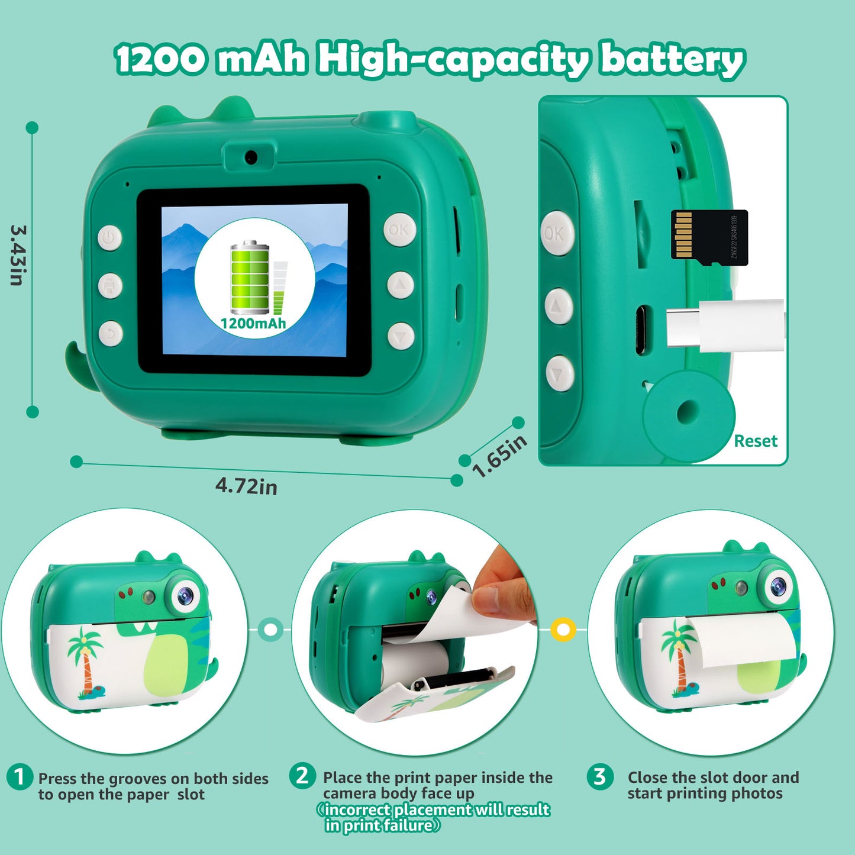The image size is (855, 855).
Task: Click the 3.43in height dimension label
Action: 18,255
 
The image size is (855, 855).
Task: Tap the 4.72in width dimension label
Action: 246,486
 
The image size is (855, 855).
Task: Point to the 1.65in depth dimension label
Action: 499,456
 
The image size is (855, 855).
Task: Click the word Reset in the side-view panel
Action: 755,441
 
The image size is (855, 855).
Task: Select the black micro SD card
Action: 709,237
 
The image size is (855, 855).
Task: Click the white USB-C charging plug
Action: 725,326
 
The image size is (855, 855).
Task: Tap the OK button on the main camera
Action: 400,230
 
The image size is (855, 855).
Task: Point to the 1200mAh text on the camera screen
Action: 253,323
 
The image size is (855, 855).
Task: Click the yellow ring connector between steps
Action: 563,629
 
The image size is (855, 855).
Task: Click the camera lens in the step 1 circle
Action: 185,595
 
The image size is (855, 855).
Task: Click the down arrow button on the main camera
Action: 401,336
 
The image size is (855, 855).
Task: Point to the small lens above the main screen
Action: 251,156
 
